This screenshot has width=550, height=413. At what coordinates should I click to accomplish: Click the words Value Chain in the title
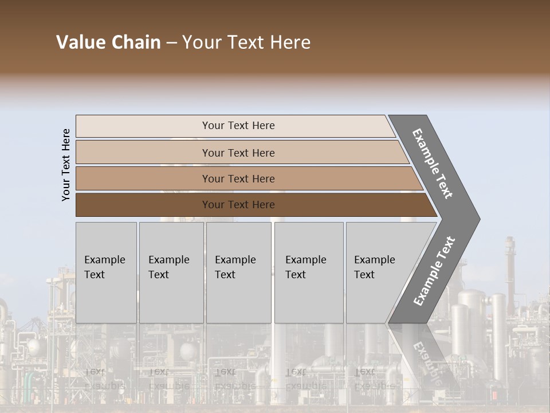point(108,42)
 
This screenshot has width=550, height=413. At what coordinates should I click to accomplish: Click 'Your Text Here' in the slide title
point(246,42)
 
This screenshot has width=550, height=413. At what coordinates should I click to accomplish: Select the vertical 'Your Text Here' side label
point(66,165)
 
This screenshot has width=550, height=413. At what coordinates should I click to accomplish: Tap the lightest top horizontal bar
point(238,126)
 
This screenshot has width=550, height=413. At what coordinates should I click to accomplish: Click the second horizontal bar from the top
point(238,153)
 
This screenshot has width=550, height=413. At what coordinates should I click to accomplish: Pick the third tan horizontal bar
point(238,178)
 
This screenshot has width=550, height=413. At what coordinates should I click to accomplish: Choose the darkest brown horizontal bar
point(238,205)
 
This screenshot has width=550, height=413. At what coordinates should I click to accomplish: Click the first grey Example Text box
point(106,272)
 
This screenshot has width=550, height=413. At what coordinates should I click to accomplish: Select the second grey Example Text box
point(171,272)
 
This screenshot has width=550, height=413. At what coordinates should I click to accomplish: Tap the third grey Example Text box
point(238,272)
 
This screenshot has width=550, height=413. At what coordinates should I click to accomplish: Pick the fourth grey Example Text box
point(308,272)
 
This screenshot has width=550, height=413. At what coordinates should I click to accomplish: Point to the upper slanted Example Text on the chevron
point(433,164)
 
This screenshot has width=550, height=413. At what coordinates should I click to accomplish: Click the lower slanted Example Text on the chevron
point(434,271)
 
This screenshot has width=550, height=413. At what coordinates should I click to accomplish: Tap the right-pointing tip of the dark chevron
point(477,219)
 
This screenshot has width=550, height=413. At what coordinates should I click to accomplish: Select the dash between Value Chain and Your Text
point(171,43)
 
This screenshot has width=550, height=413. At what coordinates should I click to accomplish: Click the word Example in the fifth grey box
point(374,260)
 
